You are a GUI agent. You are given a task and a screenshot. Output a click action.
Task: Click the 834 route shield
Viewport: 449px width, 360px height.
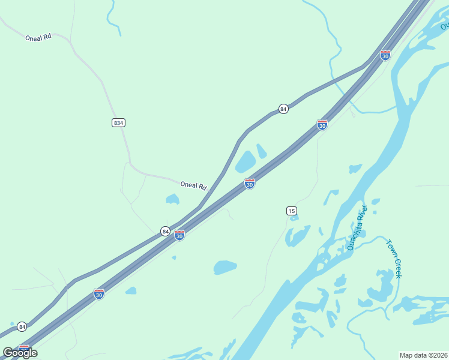click(118, 122)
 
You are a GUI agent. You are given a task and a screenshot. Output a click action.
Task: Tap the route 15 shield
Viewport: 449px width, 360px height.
click(291, 211)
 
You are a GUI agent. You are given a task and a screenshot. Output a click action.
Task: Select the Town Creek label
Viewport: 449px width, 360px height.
click(394, 259)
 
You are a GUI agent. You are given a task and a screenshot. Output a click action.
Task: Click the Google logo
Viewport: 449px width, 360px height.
click(20, 352)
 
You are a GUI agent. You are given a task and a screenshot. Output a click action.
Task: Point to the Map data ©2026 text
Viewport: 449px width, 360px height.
click(423, 355)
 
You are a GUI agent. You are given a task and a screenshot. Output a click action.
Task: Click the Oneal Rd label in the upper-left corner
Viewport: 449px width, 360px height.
click(38, 37)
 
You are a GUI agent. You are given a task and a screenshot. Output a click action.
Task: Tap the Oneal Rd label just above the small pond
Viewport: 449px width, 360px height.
click(193, 186)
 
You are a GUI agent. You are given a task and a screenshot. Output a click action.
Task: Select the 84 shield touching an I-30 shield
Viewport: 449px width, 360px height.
click(165, 231)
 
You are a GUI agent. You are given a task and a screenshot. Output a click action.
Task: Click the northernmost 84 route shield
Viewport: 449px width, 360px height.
click(283, 109)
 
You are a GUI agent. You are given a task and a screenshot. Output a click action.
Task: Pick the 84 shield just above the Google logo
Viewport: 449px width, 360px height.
click(22, 326)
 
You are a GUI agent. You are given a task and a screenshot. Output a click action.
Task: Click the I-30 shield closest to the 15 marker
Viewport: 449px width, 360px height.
click(250, 184)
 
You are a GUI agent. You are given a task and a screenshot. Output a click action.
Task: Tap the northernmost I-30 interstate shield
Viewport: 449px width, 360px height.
click(385, 55)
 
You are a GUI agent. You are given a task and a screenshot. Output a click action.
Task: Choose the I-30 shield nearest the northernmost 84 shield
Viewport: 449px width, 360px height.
click(322, 125)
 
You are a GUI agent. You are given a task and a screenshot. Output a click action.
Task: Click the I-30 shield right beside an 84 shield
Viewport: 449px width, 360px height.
click(179, 236)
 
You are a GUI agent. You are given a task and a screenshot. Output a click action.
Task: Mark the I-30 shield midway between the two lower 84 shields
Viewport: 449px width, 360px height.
click(99, 294)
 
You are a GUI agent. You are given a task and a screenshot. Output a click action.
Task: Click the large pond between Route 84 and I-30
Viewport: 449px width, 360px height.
click(245, 162)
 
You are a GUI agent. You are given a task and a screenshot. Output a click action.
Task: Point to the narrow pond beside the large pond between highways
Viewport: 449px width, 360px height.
click(262, 151)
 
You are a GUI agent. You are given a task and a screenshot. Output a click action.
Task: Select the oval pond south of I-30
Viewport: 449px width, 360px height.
click(225, 267)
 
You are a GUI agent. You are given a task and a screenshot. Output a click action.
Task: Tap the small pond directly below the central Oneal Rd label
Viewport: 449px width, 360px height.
click(172, 199)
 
